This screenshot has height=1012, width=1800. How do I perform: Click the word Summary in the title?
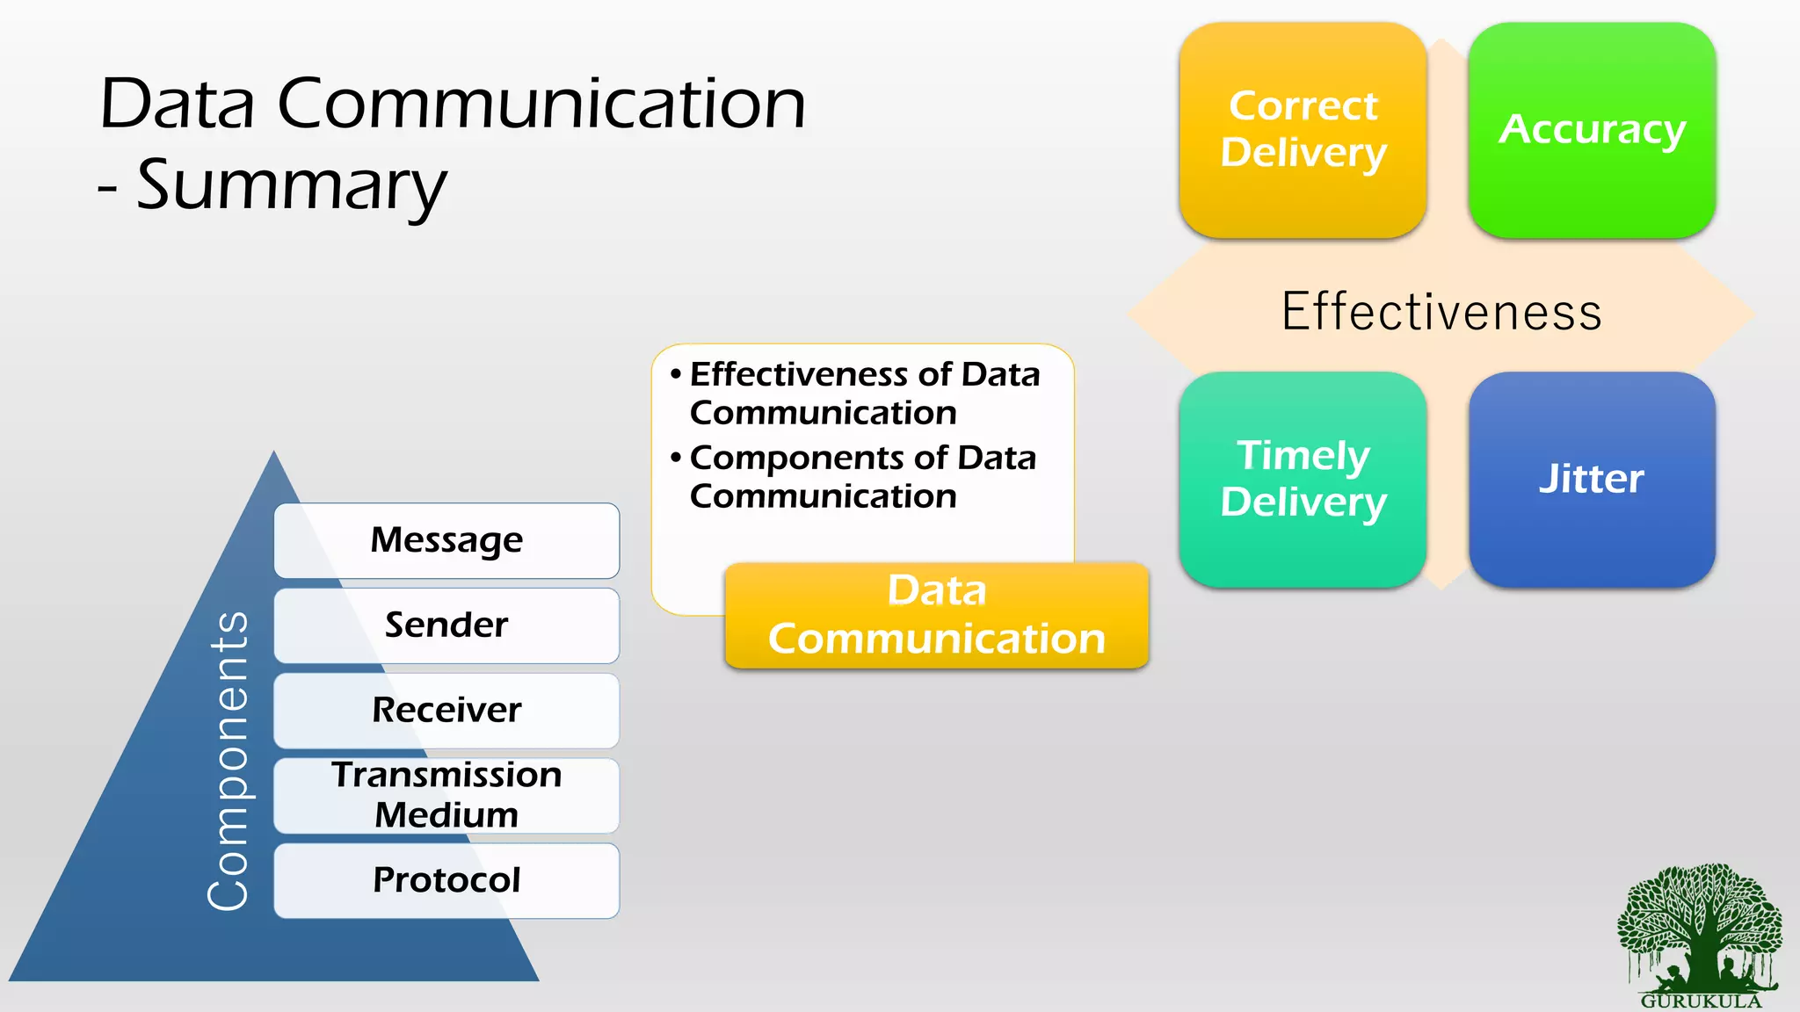click(x=292, y=186)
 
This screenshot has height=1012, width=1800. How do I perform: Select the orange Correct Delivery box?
click(x=1303, y=130)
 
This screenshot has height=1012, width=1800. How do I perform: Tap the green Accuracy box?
click(x=1592, y=130)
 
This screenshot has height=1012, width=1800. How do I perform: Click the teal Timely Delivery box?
click(x=1303, y=479)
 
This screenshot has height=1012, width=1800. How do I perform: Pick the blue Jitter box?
click(x=1592, y=479)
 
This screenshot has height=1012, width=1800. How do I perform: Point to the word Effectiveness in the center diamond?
click(x=1441, y=312)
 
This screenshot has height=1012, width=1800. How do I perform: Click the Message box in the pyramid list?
click(x=446, y=540)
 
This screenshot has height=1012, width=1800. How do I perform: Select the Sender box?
click(x=446, y=625)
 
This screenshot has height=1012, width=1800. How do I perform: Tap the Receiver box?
click(x=446, y=711)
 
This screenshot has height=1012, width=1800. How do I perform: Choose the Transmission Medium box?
click(x=446, y=795)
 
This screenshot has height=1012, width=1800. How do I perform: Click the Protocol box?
click(x=446, y=880)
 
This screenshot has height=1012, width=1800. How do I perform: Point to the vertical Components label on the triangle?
click(x=229, y=760)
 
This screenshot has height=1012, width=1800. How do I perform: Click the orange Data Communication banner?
click(x=937, y=615)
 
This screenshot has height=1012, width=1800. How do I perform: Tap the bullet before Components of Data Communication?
click(x=675, y=458)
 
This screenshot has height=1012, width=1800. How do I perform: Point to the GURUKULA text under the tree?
click(x=1701, y=1001)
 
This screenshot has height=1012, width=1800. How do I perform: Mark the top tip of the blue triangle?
click(x=274, y=453)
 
